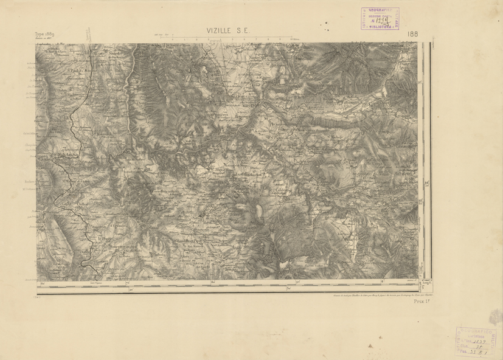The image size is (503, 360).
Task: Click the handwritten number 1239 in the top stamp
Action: point(381,20)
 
